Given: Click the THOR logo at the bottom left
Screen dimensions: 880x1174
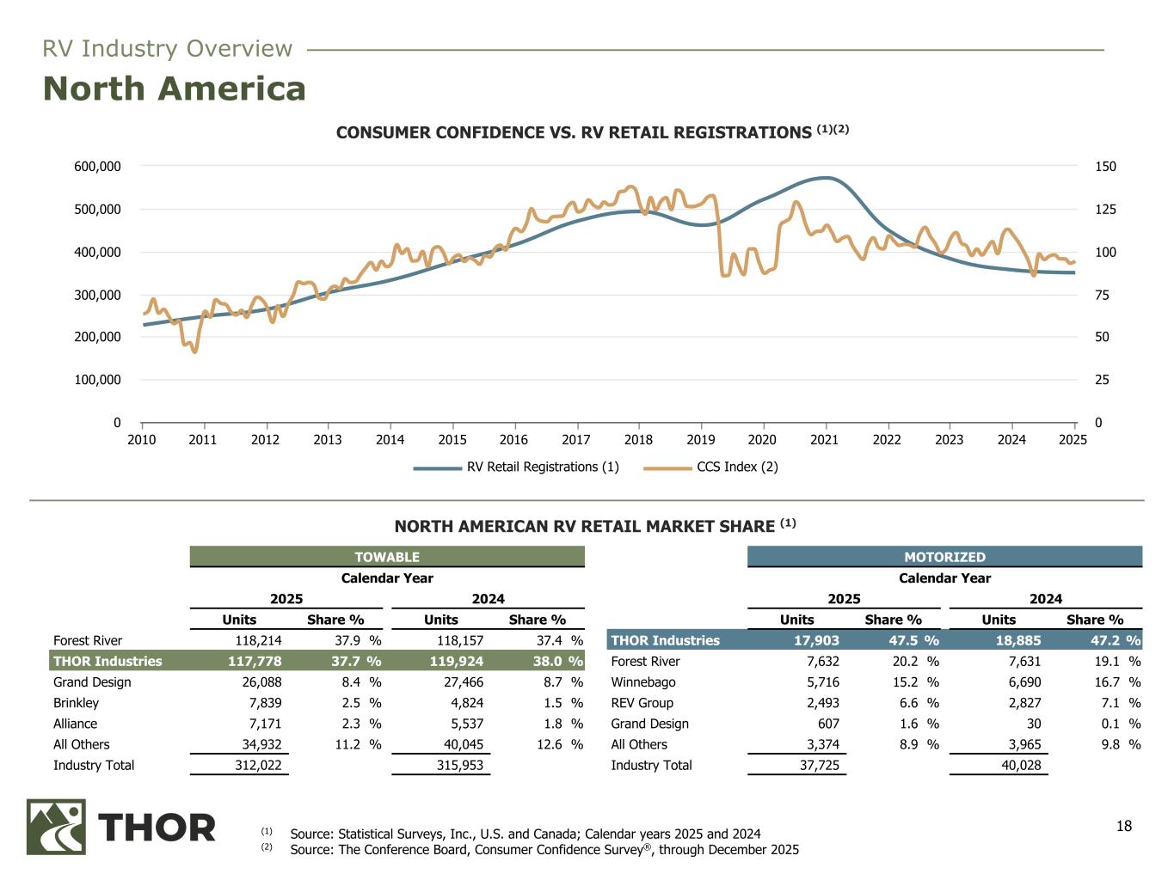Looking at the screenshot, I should click(121, 827).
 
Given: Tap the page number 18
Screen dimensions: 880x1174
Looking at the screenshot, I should click(1124, 827).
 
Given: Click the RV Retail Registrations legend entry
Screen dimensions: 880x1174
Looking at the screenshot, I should click(516, 467).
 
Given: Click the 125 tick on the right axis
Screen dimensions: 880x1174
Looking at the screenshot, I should click(1082, 210).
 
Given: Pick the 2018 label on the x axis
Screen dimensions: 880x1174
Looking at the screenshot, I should click(638, 440).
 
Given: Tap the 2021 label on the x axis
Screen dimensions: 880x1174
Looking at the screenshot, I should click(825, 440).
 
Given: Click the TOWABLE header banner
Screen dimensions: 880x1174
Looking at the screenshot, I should click(387, 557).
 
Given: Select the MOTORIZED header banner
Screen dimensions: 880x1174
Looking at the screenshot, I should click(944, 557).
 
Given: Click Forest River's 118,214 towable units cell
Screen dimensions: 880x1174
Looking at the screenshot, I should click(254, 641).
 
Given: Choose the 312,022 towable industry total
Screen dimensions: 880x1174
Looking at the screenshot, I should click(254, 766).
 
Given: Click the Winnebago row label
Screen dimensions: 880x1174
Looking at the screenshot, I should click(643, 682).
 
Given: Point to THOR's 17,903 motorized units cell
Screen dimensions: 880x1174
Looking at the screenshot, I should click(811, 641).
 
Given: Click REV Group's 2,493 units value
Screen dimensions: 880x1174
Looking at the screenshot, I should click(818, 703).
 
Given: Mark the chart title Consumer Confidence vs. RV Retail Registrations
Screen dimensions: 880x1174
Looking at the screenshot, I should click(581, 132).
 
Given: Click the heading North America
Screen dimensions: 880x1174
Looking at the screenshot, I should click(175, 89).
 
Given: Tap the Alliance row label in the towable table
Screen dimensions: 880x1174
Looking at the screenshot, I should click(75, 724).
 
